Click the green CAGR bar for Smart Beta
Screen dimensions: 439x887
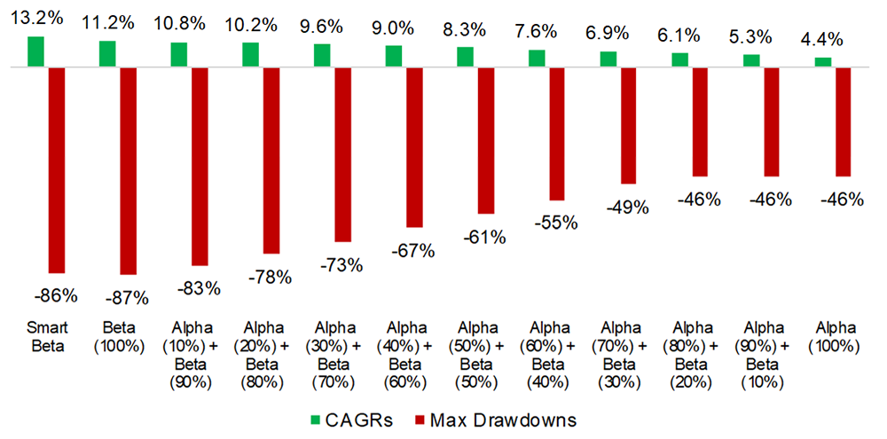click(35, 51)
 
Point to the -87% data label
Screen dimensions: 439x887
click(128, 297)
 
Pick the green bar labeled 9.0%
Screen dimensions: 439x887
click(393, 56)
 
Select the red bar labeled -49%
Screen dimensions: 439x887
click(629, 125)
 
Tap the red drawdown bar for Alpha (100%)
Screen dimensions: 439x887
click(844, 122)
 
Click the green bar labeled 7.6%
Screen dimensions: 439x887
click(537, 58)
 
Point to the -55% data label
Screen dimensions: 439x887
click(557, 223)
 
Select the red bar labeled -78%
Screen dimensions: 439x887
click(271, 161)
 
